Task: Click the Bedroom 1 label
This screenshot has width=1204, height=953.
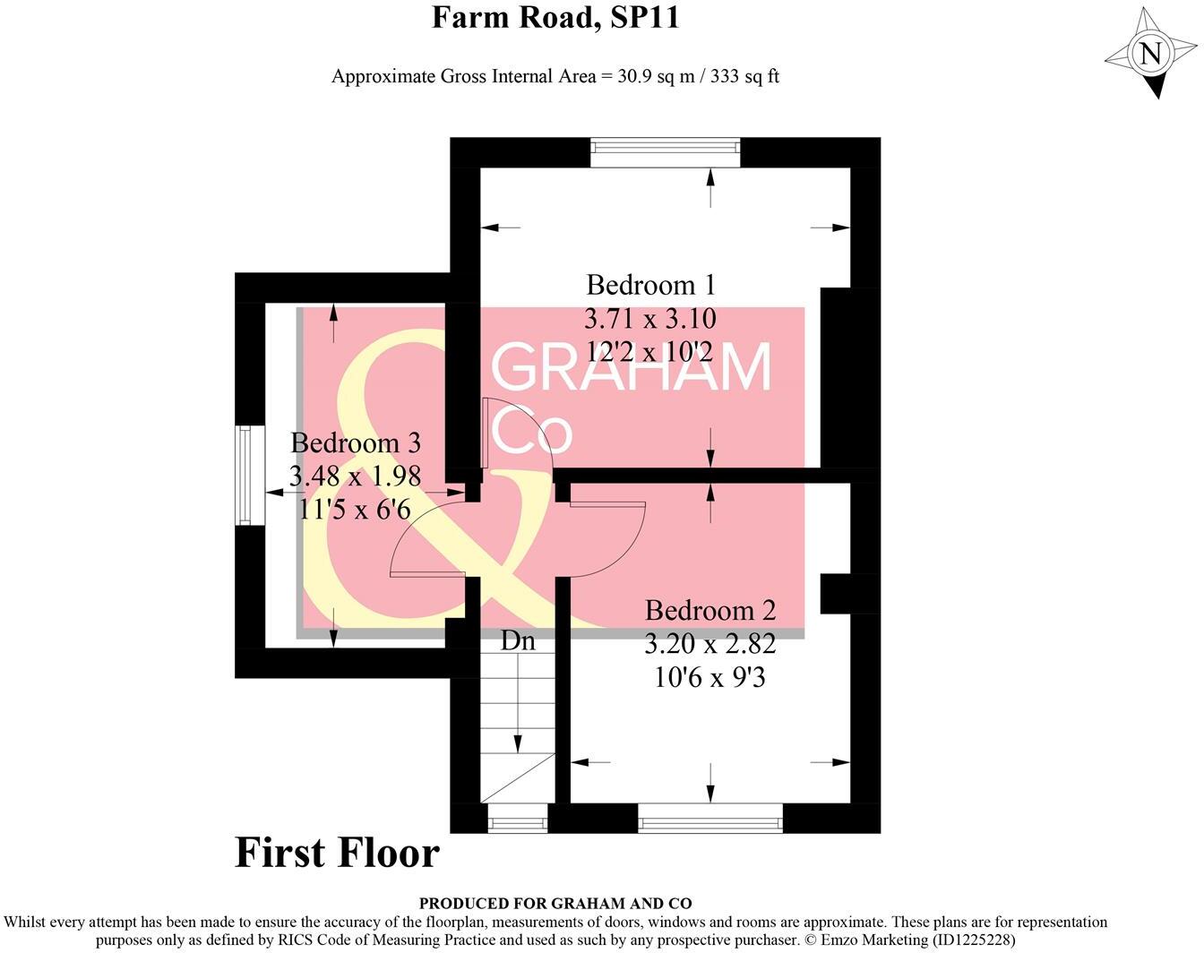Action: click(x=650, y=285)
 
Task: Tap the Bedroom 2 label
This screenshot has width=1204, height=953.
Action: click(x=709, y=611)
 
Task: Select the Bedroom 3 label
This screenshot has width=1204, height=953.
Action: click(x=356, y=443)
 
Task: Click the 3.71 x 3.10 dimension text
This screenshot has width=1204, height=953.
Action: click(x=650, y=318)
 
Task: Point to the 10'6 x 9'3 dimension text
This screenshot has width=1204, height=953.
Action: click(x=709, y=677)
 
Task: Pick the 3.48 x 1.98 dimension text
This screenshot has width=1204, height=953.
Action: click(x=356, y=476)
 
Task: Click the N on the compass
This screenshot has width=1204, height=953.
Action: click(x=1151, y=53)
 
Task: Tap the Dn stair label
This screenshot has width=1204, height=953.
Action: click(x=518, y=640)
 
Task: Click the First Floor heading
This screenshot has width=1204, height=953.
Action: click(x=337, y=853)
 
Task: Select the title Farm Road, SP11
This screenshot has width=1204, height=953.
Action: click(x=555, y=17)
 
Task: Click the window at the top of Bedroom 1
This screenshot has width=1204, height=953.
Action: click(x=666, y=152)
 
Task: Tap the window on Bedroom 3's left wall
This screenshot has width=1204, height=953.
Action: click(x=249, y=475)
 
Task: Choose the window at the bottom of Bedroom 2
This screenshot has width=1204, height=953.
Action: click(x=710, y=818)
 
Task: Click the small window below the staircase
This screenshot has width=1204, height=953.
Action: click(x=517, y=819)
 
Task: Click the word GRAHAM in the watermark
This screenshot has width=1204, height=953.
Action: click(x=632, y=368)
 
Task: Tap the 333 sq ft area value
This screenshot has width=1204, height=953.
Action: click(x=744, y=76)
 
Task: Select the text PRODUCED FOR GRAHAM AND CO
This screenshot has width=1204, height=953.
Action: click(x=555, y=904)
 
